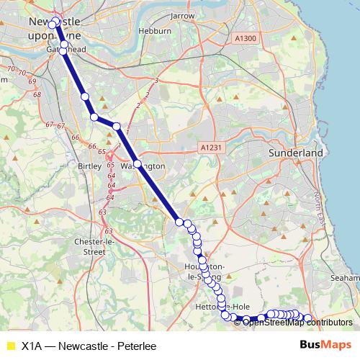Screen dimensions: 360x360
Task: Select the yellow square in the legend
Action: point(10,345)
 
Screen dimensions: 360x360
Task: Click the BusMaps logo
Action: point(323,345)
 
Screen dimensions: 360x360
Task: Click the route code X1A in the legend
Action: point(32,345)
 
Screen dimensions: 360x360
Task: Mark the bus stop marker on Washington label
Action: point(137,163)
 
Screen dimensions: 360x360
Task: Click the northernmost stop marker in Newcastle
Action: point(55,22)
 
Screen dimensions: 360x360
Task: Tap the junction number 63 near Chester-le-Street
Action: point(108,231)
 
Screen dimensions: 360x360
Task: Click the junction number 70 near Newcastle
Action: point(10,69)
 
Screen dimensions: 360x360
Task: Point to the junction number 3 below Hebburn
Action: point(156,81)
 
